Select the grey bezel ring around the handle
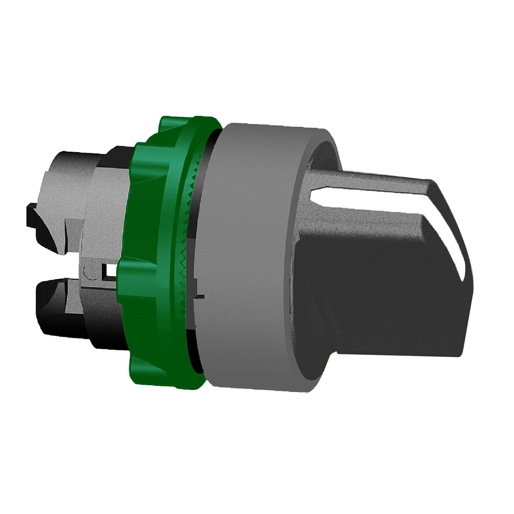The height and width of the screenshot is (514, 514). pos(251,251)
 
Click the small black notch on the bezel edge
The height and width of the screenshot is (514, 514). pos(200,297)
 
